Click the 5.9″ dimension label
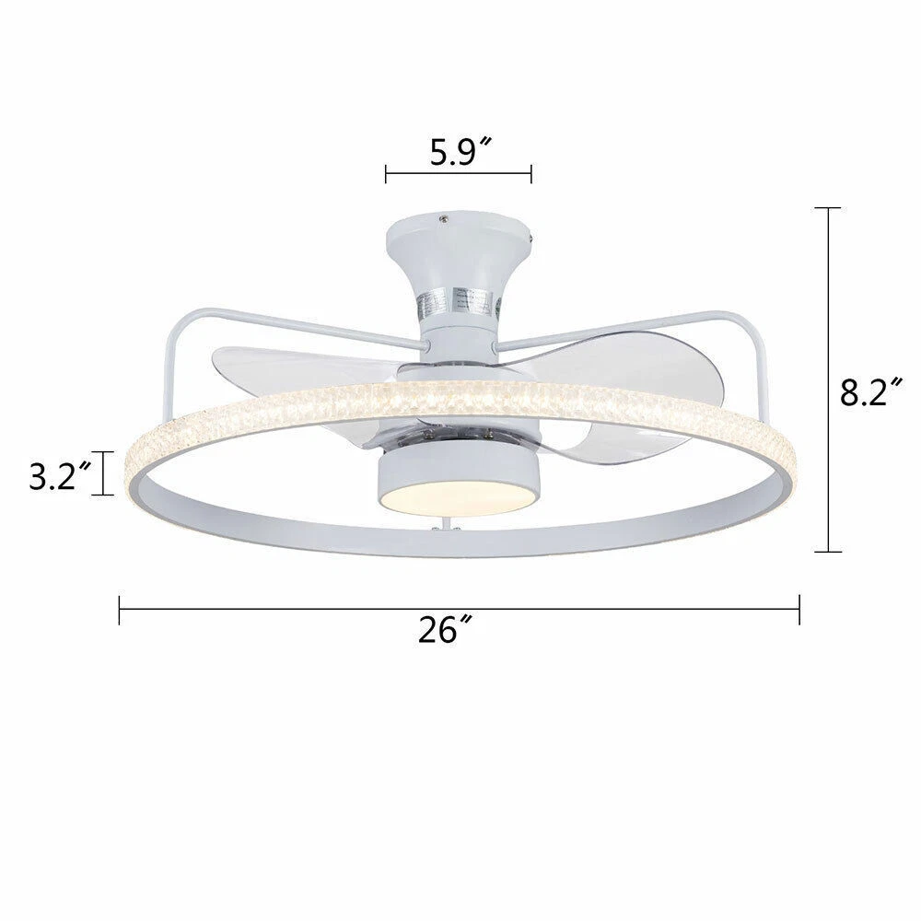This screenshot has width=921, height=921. click(460, 153)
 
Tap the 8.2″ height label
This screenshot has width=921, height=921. click(870, 392)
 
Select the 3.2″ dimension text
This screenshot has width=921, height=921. click(61, 476)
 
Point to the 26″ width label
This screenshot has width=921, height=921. click(445, 630)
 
